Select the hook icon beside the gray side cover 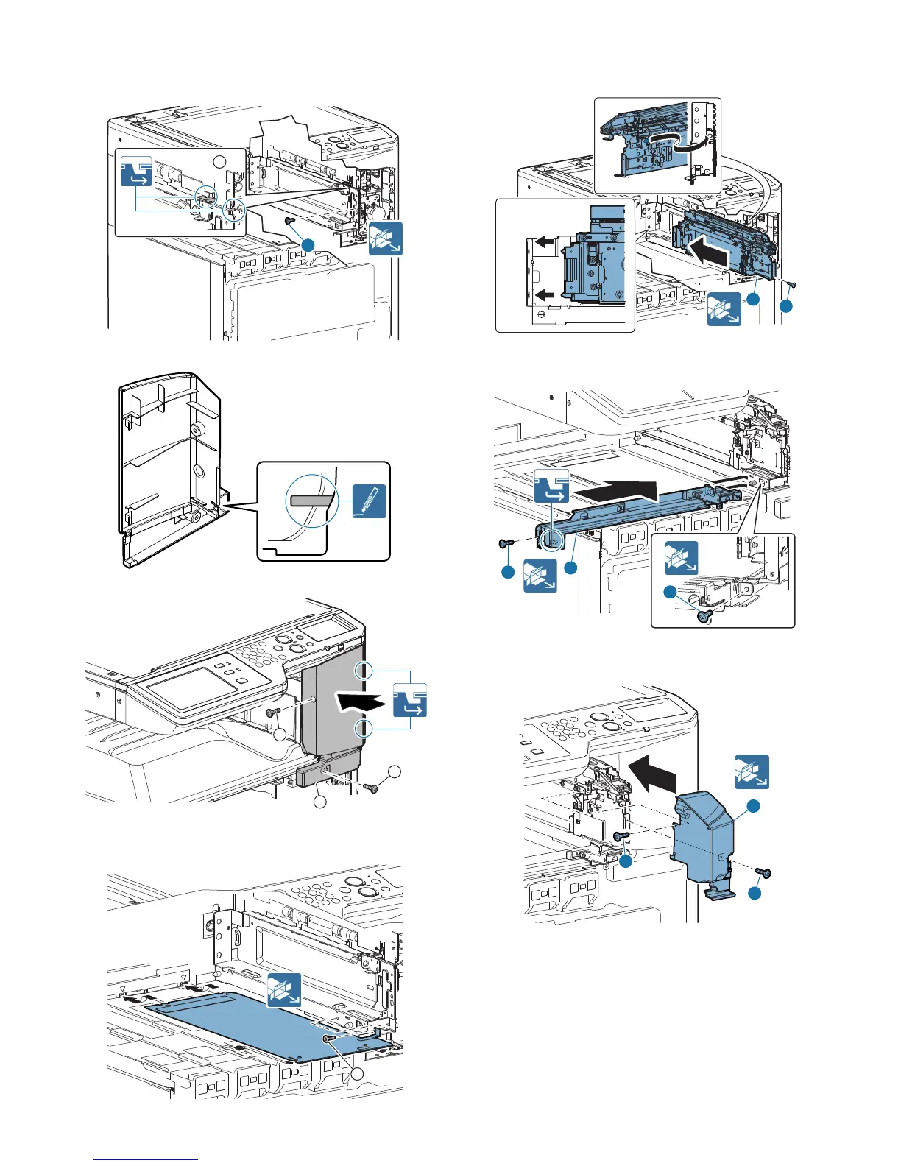pyautogui.click(x=409, y=699)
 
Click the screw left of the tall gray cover pyautogui.click(x=272, y=712)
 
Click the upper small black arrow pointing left pyautogui.click(x=544, y=241)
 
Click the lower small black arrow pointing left pyautogui.click(x=544, y=295)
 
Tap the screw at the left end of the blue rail pyautogui.click(x=504, y=543)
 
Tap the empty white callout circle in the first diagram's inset pyautogui.click(x=219, y=161)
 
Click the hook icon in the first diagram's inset pyautogui.click(x=136, y=170)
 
